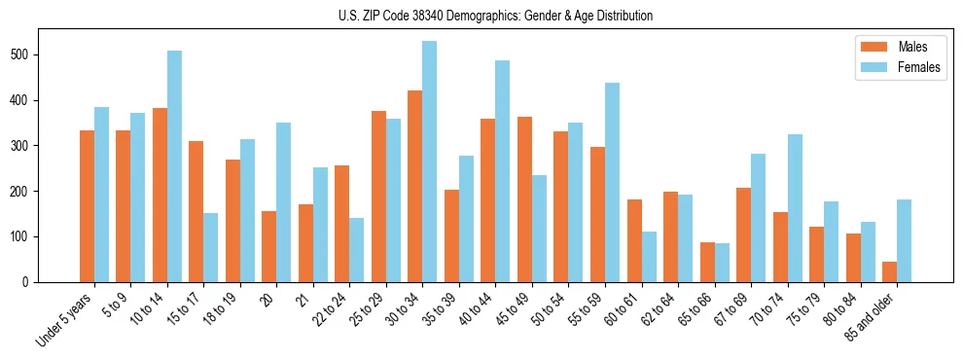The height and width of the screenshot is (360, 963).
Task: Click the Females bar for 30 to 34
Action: [x=429, y=162]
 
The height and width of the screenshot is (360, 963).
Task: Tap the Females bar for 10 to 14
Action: [x=174, y=166]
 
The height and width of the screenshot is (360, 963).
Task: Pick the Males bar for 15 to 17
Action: [x=196, y=211]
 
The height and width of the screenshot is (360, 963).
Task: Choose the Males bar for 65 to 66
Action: [x=707, y=262]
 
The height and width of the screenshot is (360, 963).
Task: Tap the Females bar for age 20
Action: [x=283, y=214]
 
